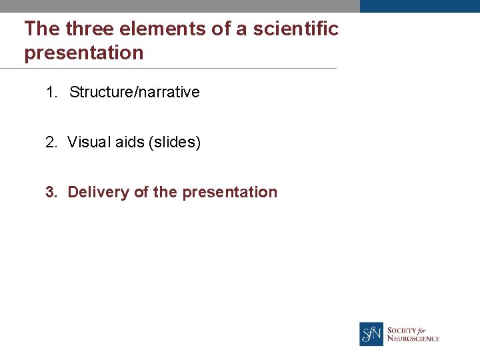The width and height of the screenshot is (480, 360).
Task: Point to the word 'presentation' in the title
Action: pos(84,53)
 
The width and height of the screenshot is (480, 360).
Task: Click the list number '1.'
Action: pos(53,92)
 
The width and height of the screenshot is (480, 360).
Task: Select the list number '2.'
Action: pos(52,142)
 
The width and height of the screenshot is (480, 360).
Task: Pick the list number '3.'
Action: pos(52,192)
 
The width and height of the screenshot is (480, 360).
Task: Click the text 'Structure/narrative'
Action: pos(134,92)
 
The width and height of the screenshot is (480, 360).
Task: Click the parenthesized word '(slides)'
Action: pos(175,142)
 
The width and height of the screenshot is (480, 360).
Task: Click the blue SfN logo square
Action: pos(371,334)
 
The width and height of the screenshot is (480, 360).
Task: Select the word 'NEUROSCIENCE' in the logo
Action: pos(413,339)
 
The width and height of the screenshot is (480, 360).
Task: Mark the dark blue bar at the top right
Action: pos(419,6)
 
